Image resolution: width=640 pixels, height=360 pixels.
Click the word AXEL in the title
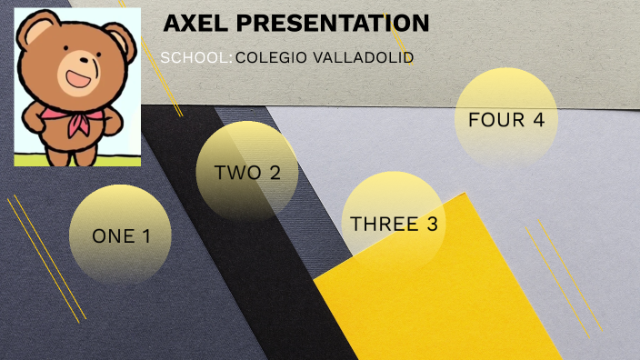click(194, 24)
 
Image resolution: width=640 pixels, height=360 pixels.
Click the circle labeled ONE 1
click(120, 235)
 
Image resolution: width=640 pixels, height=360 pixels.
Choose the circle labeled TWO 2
click(247, 172)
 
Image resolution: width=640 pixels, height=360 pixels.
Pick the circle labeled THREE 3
click(394, 223)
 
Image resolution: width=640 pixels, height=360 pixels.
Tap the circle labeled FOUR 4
click(505, 119)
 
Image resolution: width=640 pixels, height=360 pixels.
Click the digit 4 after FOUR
click(539, 119)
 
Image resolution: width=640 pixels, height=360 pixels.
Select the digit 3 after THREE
click(432, 224)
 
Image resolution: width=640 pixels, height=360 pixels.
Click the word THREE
click(383, 224)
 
